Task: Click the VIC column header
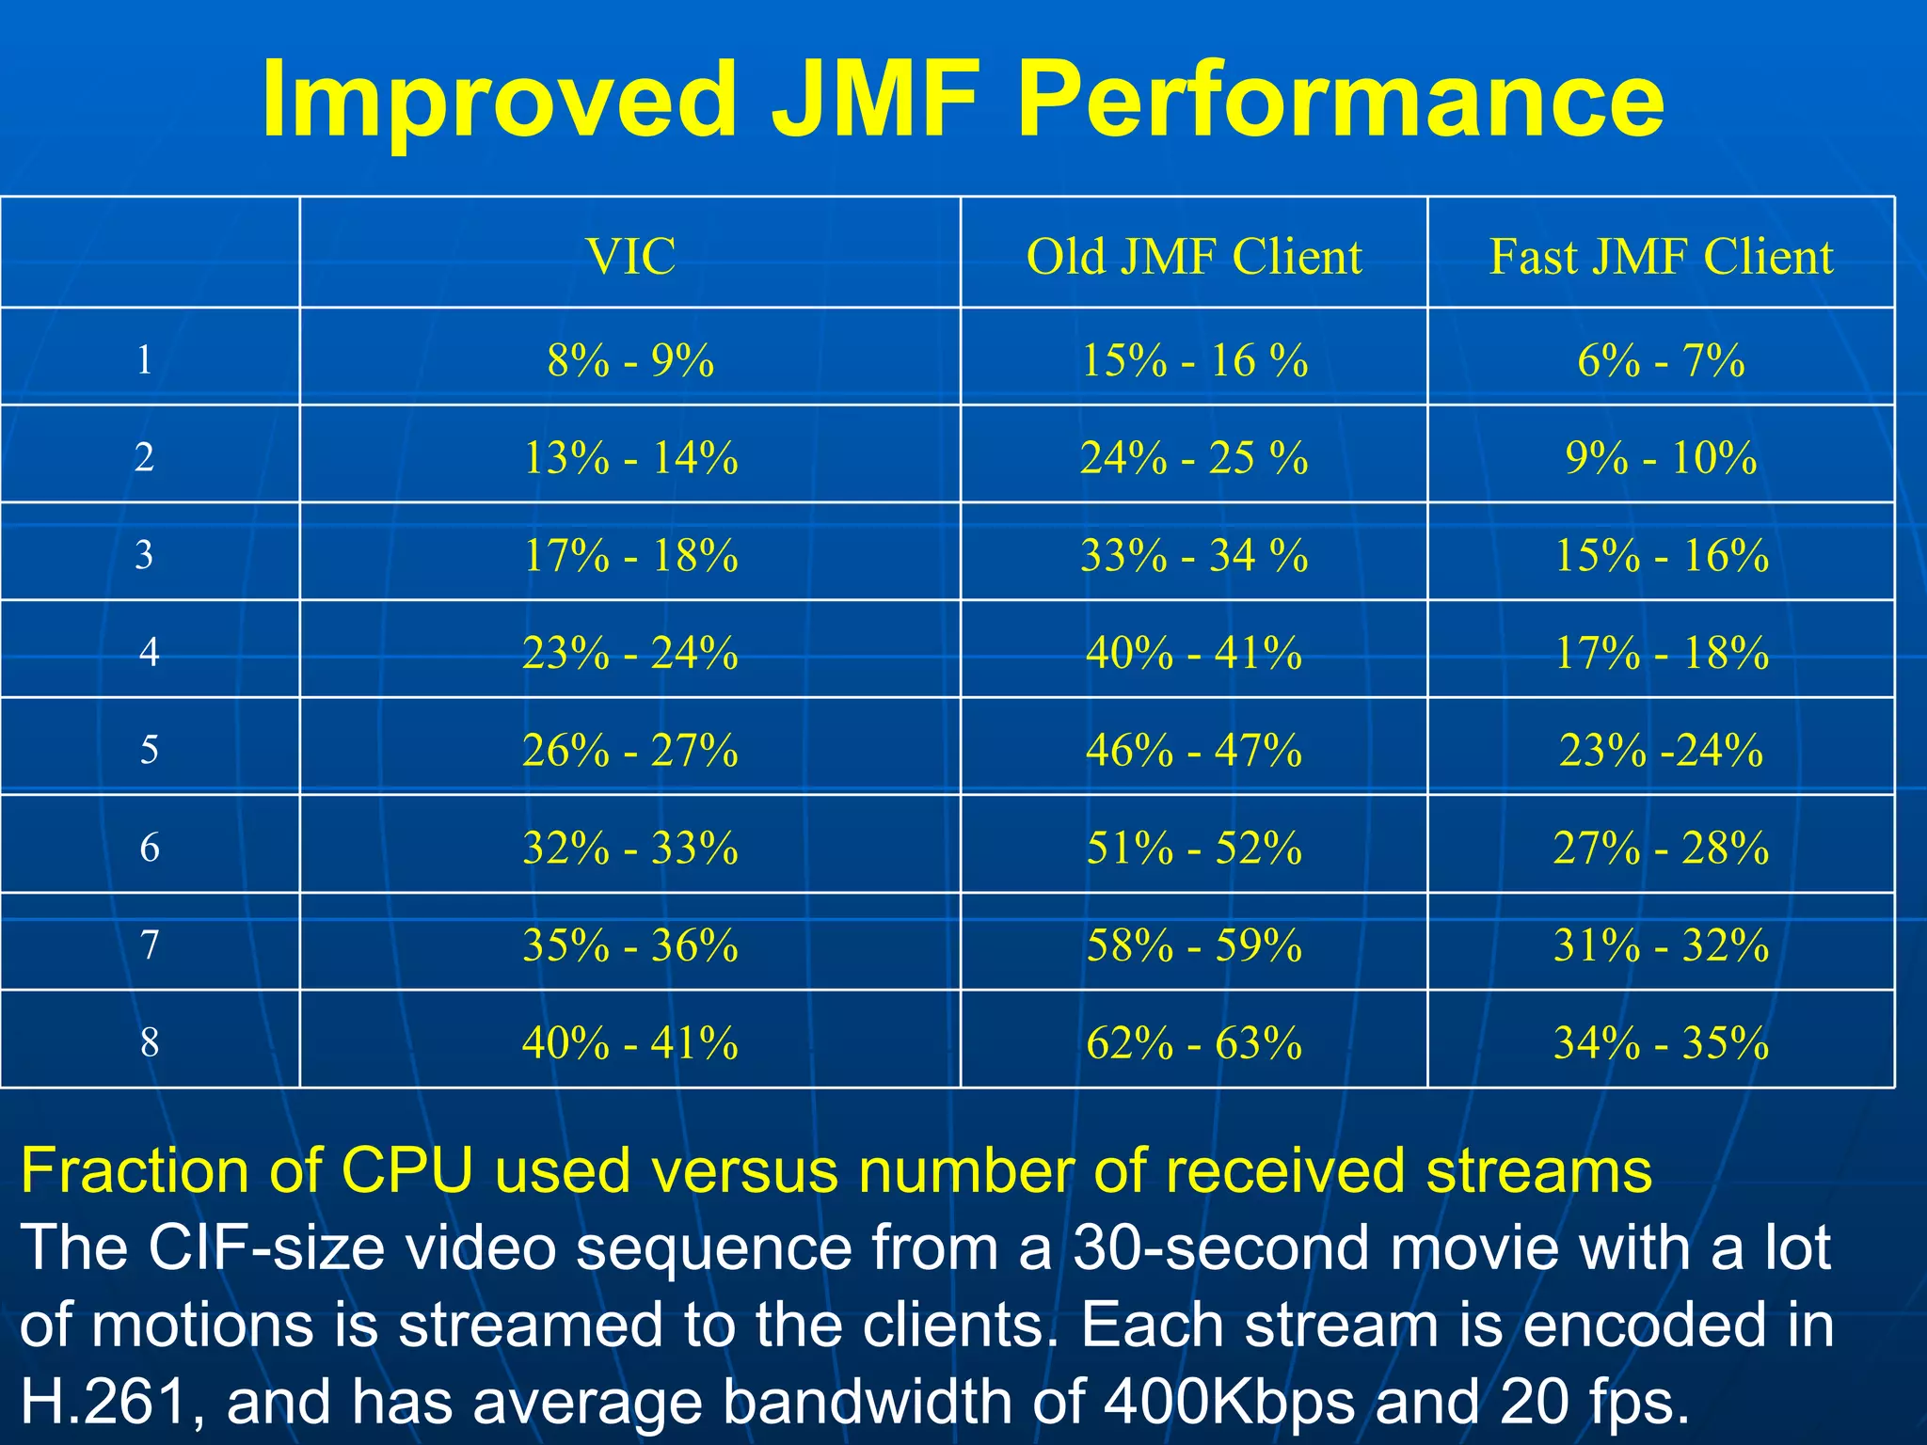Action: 629,256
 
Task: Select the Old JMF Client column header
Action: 1193,256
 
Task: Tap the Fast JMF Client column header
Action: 1661,256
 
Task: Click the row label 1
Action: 144,359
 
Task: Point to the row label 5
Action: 149,750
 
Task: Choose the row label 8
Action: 149,1041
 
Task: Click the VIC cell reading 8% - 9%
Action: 629,360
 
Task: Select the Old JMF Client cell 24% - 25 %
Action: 1193,458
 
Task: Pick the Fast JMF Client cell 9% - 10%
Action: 1661,458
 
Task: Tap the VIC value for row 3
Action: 629,555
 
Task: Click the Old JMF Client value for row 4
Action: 1193,653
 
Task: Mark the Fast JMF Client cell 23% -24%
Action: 1661,750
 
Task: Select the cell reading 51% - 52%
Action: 1193,848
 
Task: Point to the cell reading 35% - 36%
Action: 629,945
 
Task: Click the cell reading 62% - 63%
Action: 1193,1042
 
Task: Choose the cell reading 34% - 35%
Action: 1661,1042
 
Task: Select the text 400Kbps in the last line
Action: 1229,1402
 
